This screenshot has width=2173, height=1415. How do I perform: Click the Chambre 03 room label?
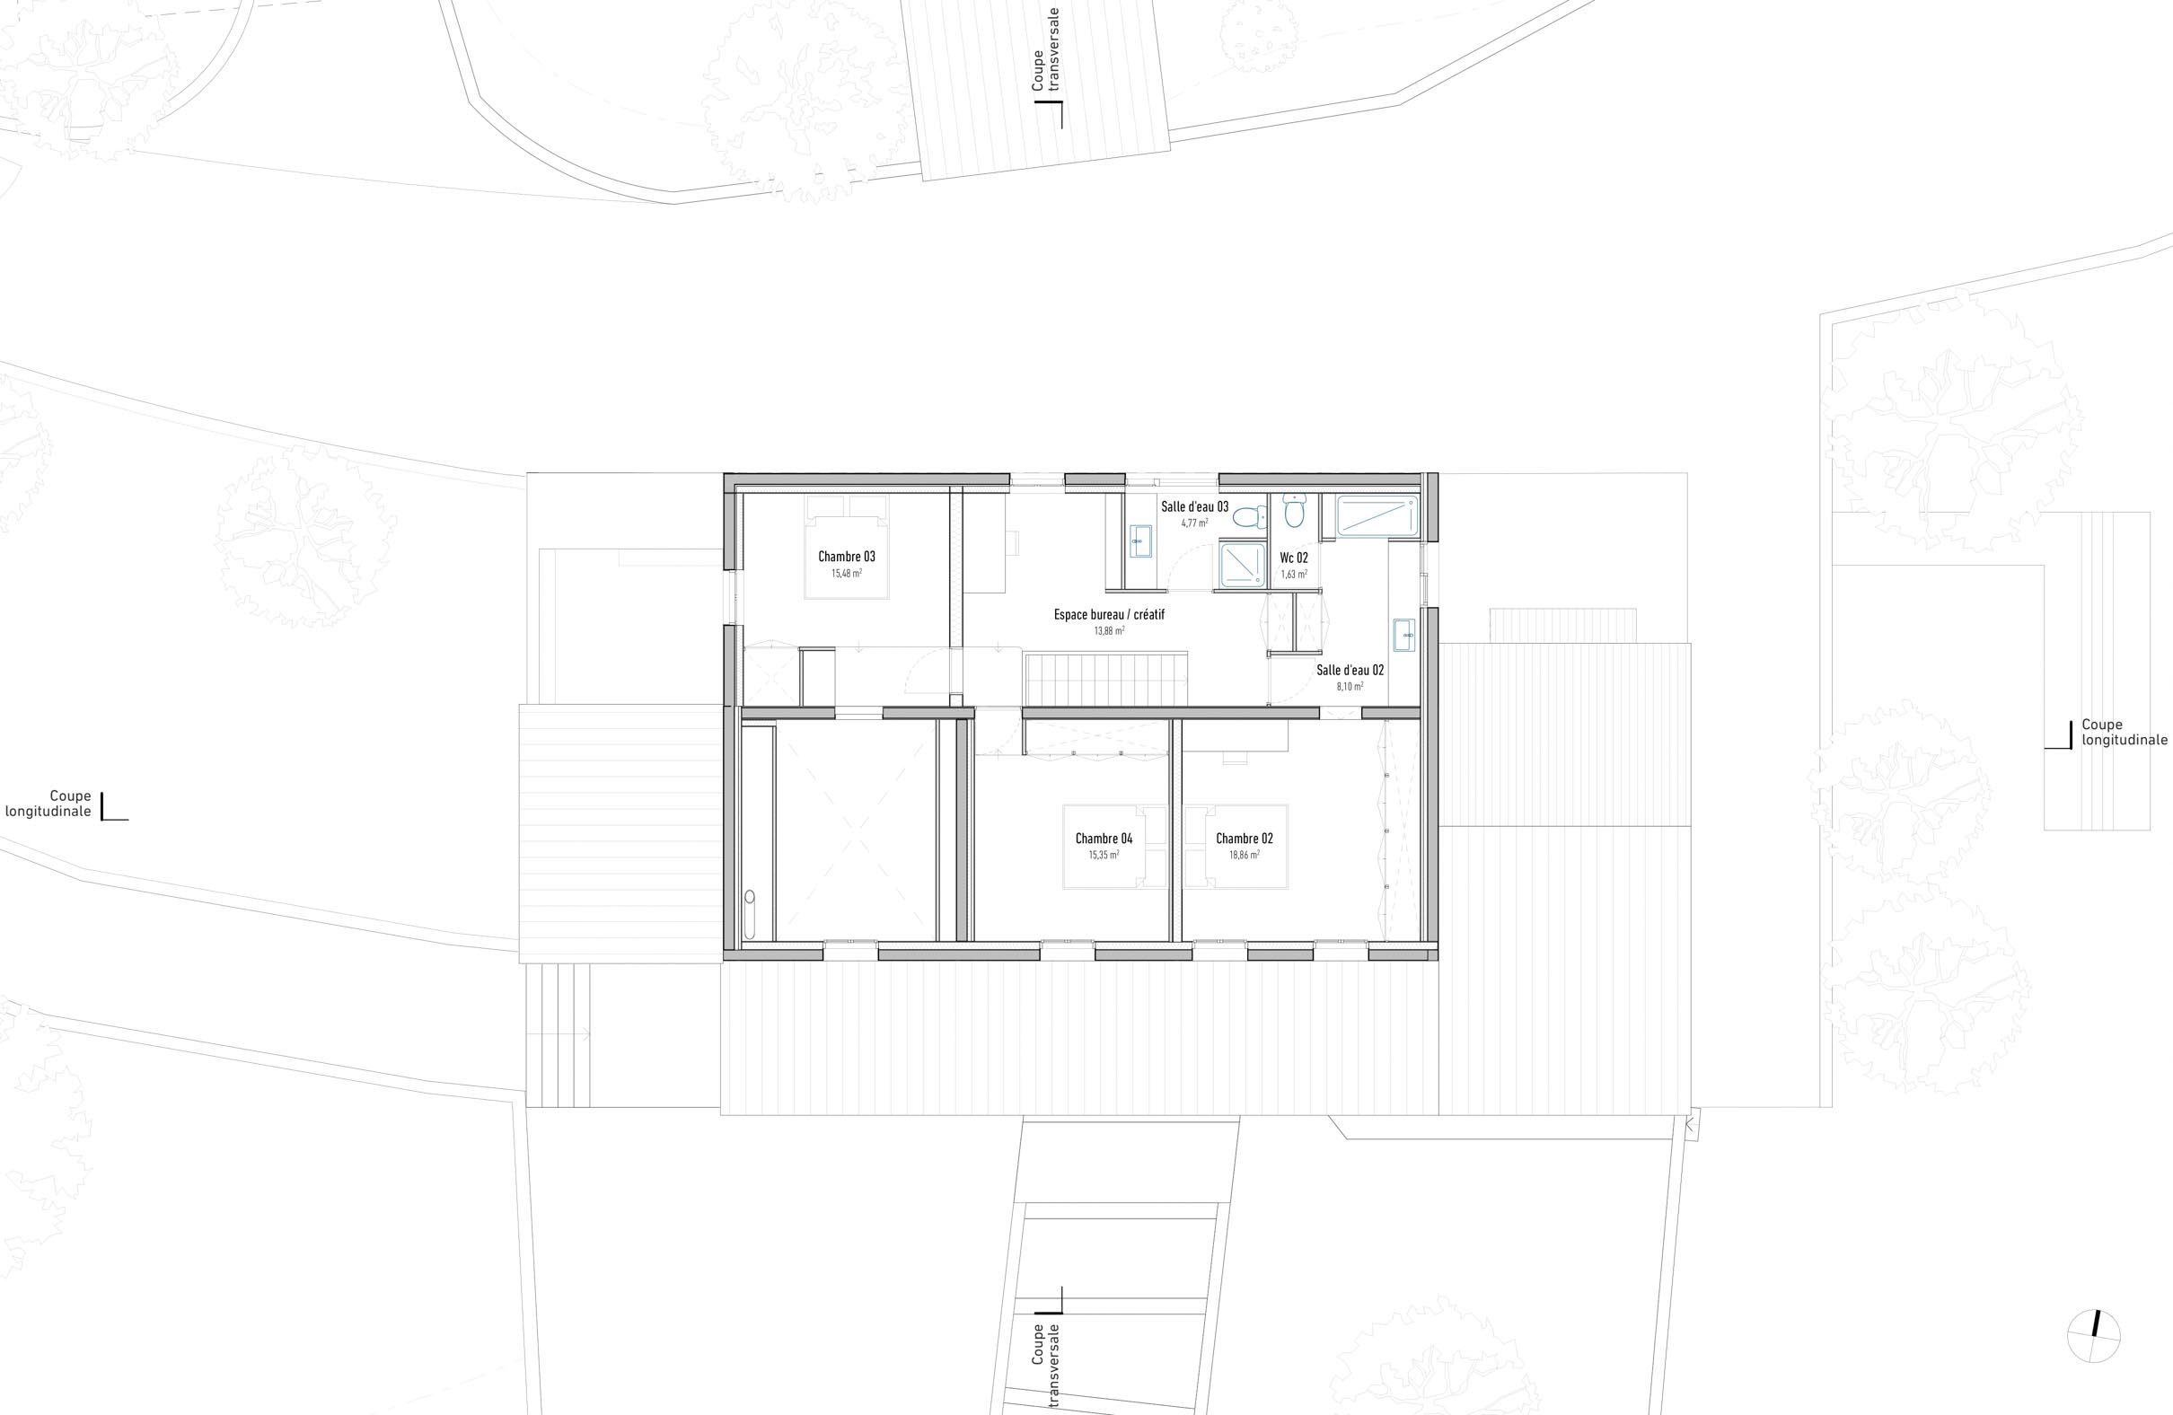pyautogui.click(x=847, y=557)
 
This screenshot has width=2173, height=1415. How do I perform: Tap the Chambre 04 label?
pyautogui.click(x=1104, y=839)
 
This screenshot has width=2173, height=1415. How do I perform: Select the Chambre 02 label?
pyautogui.click(x=1245, y=839)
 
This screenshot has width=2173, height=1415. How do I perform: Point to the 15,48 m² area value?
pyautogui.click(x=847, y=575)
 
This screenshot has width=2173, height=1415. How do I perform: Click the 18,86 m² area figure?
pyautogui.click(x=1245, y=856)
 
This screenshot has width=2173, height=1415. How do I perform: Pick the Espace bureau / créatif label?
pyautogui.click(x=1109, y=615)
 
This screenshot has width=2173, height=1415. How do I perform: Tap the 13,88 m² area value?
pyautogui.click(x=1109, y=631)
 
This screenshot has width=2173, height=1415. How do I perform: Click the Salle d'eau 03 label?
pyautogui.click(x=1194, y=506)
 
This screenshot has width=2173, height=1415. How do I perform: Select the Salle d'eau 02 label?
pyautogui.click(x=1350, y=670)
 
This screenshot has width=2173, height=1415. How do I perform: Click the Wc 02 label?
pyautogui.click(x=1294, y=558)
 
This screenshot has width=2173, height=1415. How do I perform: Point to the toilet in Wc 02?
pyautogui.click(x=1295, y=512)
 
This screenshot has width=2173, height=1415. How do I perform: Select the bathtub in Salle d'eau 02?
pyautogui.click(x=1377, y=515)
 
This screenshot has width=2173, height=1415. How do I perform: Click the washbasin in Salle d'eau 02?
pyautogui.click(x=1403, y=635)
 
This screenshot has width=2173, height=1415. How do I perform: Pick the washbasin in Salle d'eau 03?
pyautogui.click(x=1140, y=541)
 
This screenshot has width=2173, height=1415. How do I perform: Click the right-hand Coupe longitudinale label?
pyautogui.click(x=2124, y=732)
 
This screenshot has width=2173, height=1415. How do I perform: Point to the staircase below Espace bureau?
pyautogui.click(x=1104, y=678)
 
